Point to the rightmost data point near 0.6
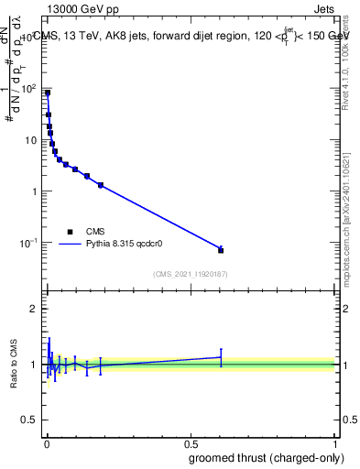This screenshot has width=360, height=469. [x=221, y=250]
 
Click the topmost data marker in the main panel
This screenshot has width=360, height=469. [x=48, y=93]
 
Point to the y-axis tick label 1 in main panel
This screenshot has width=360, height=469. [x=33, y=191]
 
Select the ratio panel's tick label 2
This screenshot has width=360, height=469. [x=33, y=309]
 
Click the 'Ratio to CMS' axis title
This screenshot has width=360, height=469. [x=14, y=365]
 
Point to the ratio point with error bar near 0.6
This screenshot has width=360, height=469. [x=221, y=357]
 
